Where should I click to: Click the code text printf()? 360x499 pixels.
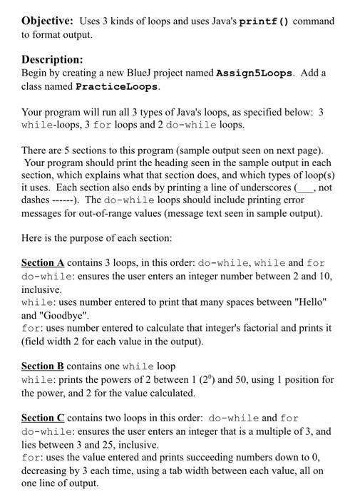[266, 21]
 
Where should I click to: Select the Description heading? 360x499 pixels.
[52, 60]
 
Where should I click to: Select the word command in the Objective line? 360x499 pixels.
[314, 21]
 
